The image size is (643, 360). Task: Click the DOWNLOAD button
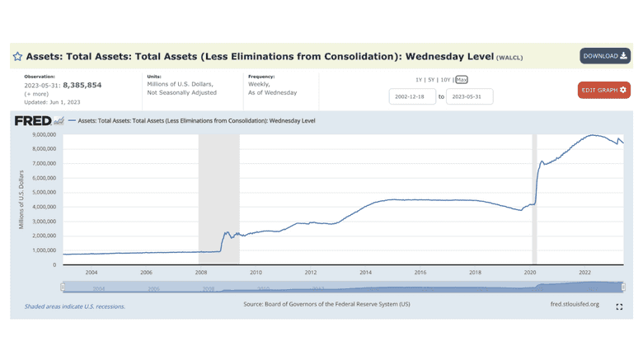[604, 56]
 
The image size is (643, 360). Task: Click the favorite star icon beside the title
[17, 58]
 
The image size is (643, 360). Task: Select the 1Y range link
[420, 79]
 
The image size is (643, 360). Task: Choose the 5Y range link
[433, 79]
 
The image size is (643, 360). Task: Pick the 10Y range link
[446, 79]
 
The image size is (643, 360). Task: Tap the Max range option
[462, 79]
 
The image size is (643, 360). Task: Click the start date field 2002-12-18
[412, 96]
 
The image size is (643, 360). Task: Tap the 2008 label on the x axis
[201, 273]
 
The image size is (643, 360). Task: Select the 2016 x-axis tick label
[420, 273]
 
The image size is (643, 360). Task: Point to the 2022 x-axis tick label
[585, 273]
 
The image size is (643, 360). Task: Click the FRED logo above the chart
[33, 121]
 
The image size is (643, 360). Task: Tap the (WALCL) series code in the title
[509, 58]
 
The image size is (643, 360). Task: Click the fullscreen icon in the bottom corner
[619, 306]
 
